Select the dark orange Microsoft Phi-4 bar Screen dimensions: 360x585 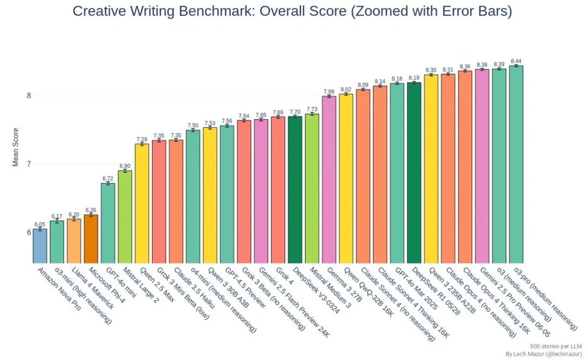[90, 239]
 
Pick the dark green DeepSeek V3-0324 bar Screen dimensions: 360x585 [295, 189]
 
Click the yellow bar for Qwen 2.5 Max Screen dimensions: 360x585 [141, 204]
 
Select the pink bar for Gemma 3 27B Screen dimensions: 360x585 [329, 179]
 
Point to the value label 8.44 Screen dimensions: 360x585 [516, 61]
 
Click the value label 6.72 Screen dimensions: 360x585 [108, 178]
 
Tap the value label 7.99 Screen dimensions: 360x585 [329, 91]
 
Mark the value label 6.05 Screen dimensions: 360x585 [40, 224]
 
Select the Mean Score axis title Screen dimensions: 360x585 [16, 147]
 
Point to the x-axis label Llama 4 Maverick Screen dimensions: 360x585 [92, 287]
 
